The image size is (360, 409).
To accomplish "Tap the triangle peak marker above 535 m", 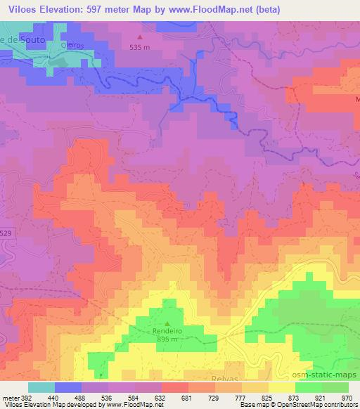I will click(139, 37).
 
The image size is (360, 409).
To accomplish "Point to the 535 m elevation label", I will click(140, 47).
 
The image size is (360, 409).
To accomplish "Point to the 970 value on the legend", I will click(347, 398).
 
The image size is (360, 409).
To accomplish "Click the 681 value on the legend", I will click(187, 398).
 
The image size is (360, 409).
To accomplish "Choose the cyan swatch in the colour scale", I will click(41, 387).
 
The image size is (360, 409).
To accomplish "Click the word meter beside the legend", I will click(11, 398).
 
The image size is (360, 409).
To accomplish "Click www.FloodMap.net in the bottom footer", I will click(130, 405).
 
